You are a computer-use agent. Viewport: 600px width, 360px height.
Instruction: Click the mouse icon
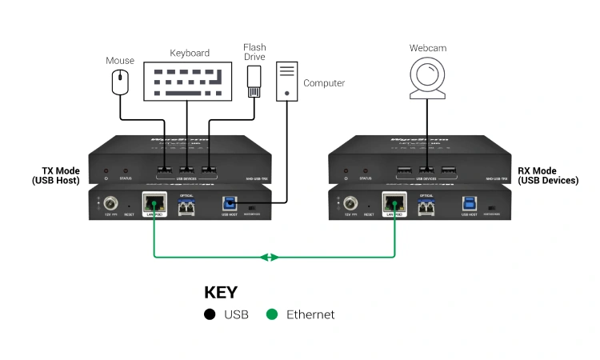[120, 81]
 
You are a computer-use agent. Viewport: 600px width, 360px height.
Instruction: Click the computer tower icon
[285, 80]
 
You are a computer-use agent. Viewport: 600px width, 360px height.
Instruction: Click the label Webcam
[428, 48]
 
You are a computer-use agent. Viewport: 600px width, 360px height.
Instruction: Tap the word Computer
[324, 82]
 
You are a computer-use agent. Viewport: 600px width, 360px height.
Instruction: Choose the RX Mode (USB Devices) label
[548, 175]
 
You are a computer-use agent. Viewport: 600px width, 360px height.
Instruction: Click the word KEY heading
[221, 292]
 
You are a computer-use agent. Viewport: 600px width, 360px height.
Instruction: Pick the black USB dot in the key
[210, 314]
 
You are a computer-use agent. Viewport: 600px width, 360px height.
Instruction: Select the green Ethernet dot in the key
[272, 314]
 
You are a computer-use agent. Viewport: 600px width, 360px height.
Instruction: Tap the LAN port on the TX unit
[154, 204]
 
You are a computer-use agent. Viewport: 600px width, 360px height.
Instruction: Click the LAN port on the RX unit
[394, 204]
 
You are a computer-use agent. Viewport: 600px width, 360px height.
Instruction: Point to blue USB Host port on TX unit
[229, 204]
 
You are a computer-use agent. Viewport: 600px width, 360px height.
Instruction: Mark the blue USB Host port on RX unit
[469, 204]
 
